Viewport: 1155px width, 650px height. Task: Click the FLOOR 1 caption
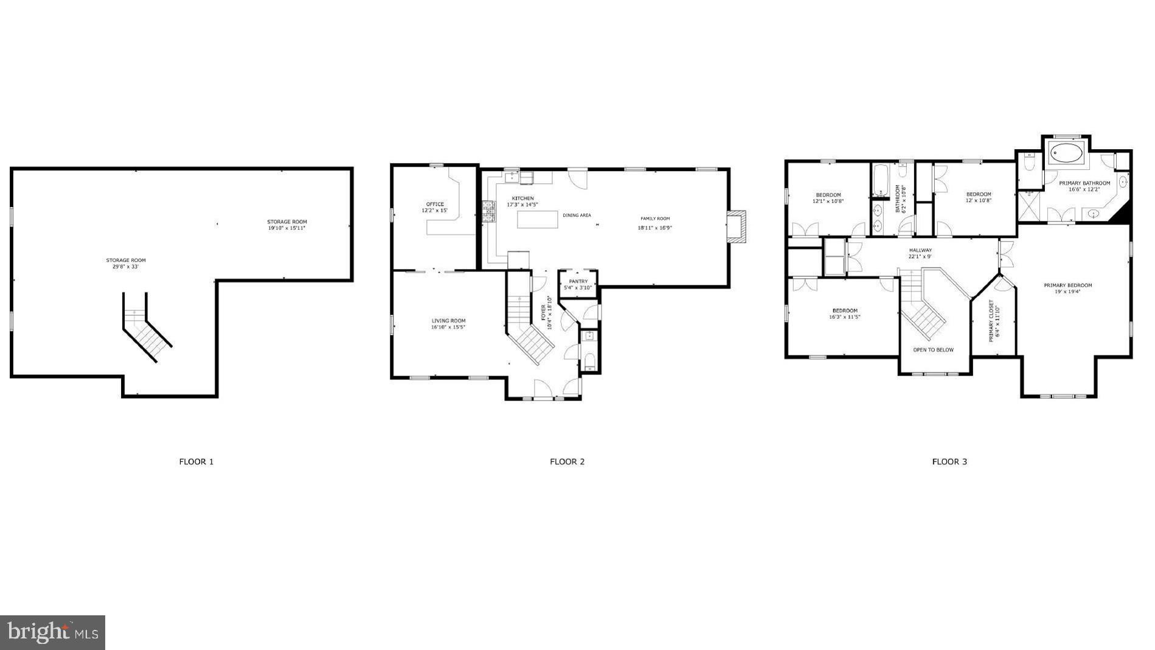[x=196, y=462]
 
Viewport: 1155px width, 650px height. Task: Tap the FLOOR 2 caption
[x=567, y=462]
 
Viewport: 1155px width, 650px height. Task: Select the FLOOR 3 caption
[x=949, y=462]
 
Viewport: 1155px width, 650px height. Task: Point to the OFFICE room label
[x=435, y=204]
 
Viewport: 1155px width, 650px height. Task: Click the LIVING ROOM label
[x=448, y=321]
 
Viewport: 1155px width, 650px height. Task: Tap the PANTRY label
[x=578, y=281]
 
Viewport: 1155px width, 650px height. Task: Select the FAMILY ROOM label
[x=654, y=218]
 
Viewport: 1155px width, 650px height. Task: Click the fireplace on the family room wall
[x=737, y=227]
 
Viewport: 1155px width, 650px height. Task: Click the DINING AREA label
[x=577, y=215]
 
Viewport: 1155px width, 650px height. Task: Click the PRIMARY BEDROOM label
[x=1067, y=285]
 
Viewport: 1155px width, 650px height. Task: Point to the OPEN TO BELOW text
[x=933, y=350]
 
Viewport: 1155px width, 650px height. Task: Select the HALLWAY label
[x=920, y=250]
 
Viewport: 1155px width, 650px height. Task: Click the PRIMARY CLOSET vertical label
[x=991, y=321]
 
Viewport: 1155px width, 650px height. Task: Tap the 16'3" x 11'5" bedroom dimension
[x=845, y=317]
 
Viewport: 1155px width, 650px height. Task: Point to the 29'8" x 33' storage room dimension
[x=126, y=267]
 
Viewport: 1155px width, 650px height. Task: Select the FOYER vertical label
[x=543, y=312]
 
